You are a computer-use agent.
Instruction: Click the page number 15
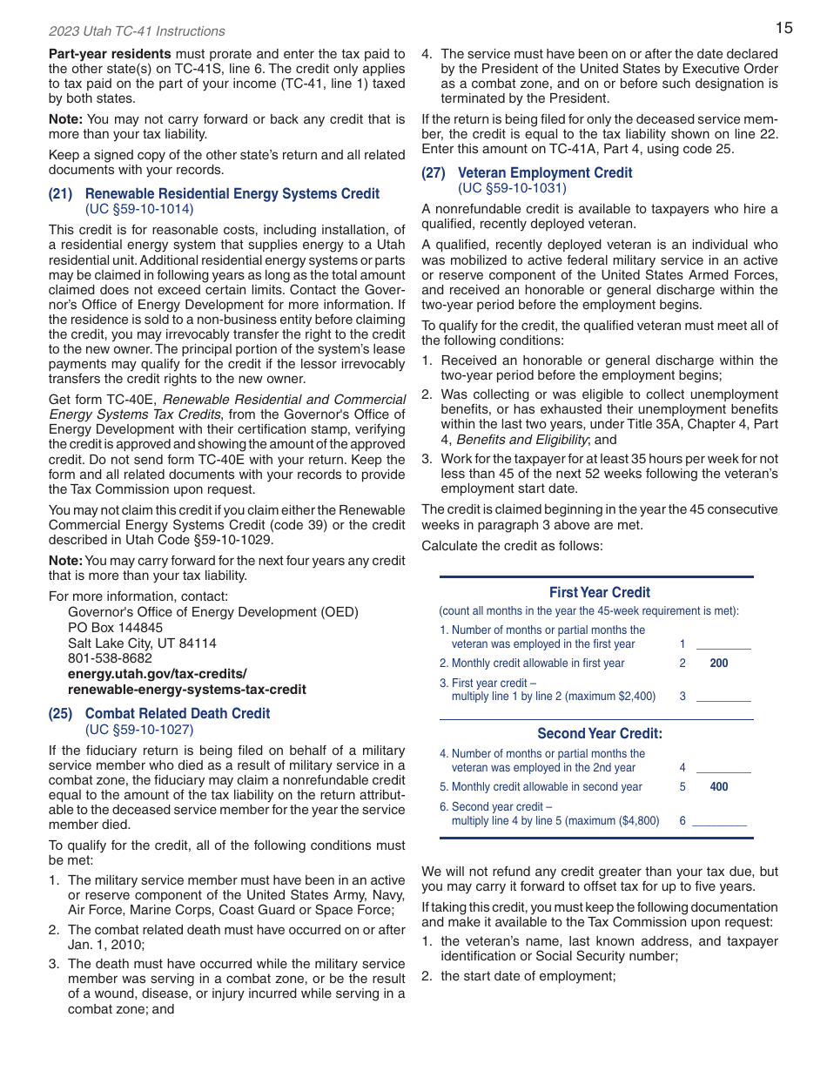(783, 28)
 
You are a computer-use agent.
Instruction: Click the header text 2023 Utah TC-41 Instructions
(137, 31)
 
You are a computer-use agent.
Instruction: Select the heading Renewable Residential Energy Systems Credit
(232, 194)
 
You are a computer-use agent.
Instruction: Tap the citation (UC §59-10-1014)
(139, 209)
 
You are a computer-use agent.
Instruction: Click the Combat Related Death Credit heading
(178, 713)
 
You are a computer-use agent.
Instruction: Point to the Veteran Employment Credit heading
(545, 172)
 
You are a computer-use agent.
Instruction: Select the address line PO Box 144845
(115, 628)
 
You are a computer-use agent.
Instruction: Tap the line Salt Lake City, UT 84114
(142, 643)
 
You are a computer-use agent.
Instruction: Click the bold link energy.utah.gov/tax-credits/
(158, 674)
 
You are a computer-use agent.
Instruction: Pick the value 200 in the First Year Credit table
(719, 663)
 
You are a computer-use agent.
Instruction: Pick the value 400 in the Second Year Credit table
(719, 787)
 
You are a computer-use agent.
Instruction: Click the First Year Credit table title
(599, 592)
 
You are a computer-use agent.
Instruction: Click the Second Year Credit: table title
(599, 733)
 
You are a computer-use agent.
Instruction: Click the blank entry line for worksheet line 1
(723, 645)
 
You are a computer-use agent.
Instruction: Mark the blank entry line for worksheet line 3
(723, 697)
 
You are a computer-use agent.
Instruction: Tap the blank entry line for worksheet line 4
(723, 769)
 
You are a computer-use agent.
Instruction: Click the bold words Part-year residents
(110, 54)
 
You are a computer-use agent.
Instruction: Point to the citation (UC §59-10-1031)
(512, 188)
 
